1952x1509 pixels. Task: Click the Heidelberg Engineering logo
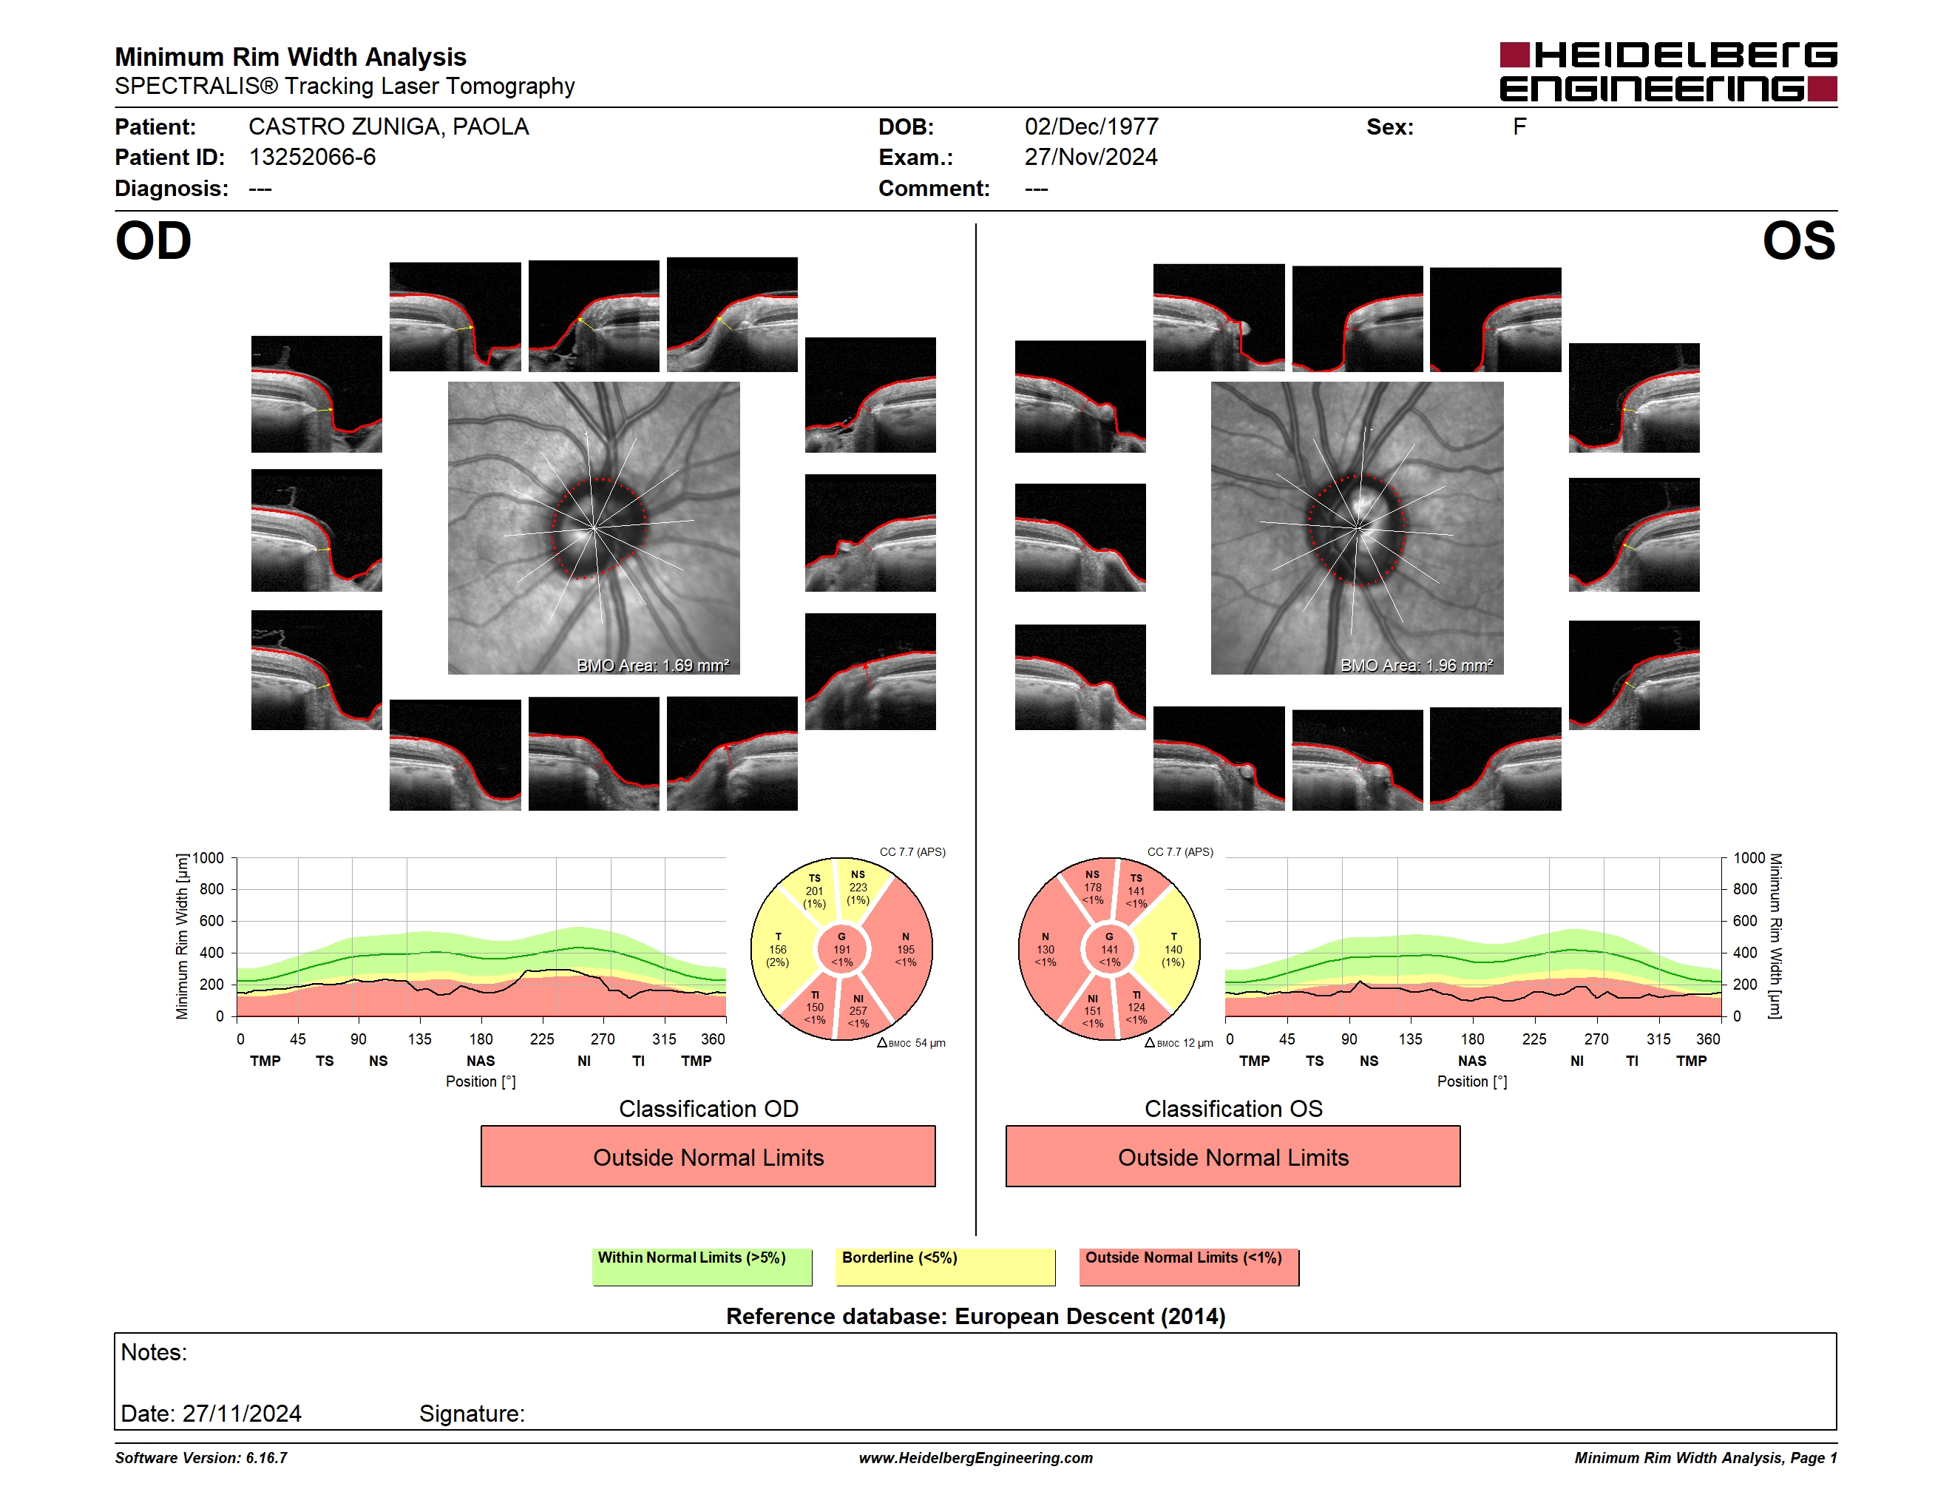tap(1668, 72)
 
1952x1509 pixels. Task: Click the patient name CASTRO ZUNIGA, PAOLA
tap(389, 127)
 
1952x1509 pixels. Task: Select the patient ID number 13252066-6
tap(312, 158)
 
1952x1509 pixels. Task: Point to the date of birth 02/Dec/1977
tap(1091, 127)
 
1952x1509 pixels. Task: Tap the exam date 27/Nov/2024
tap(1091, 158)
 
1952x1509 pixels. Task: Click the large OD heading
tap(154, 241)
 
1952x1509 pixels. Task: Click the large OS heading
tap(1799, 241)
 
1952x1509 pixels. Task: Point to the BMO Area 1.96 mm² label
tap(1417, 665)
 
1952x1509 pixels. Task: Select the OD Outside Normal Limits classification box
tap(708, 1156)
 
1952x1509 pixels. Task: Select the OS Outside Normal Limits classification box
tap(1233, 1156)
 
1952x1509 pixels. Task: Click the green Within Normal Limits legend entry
tap(702, 1266)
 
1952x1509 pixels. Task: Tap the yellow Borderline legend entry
tap(946, 1266)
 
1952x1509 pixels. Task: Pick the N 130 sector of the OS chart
tap(1046, 949)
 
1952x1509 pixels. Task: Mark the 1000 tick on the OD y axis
tap(209, 858)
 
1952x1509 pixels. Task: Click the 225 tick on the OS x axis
tap(1534, 1039)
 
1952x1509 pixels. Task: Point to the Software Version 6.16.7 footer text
tap(201, 1458)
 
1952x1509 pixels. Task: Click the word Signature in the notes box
tap(472, 1414)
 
